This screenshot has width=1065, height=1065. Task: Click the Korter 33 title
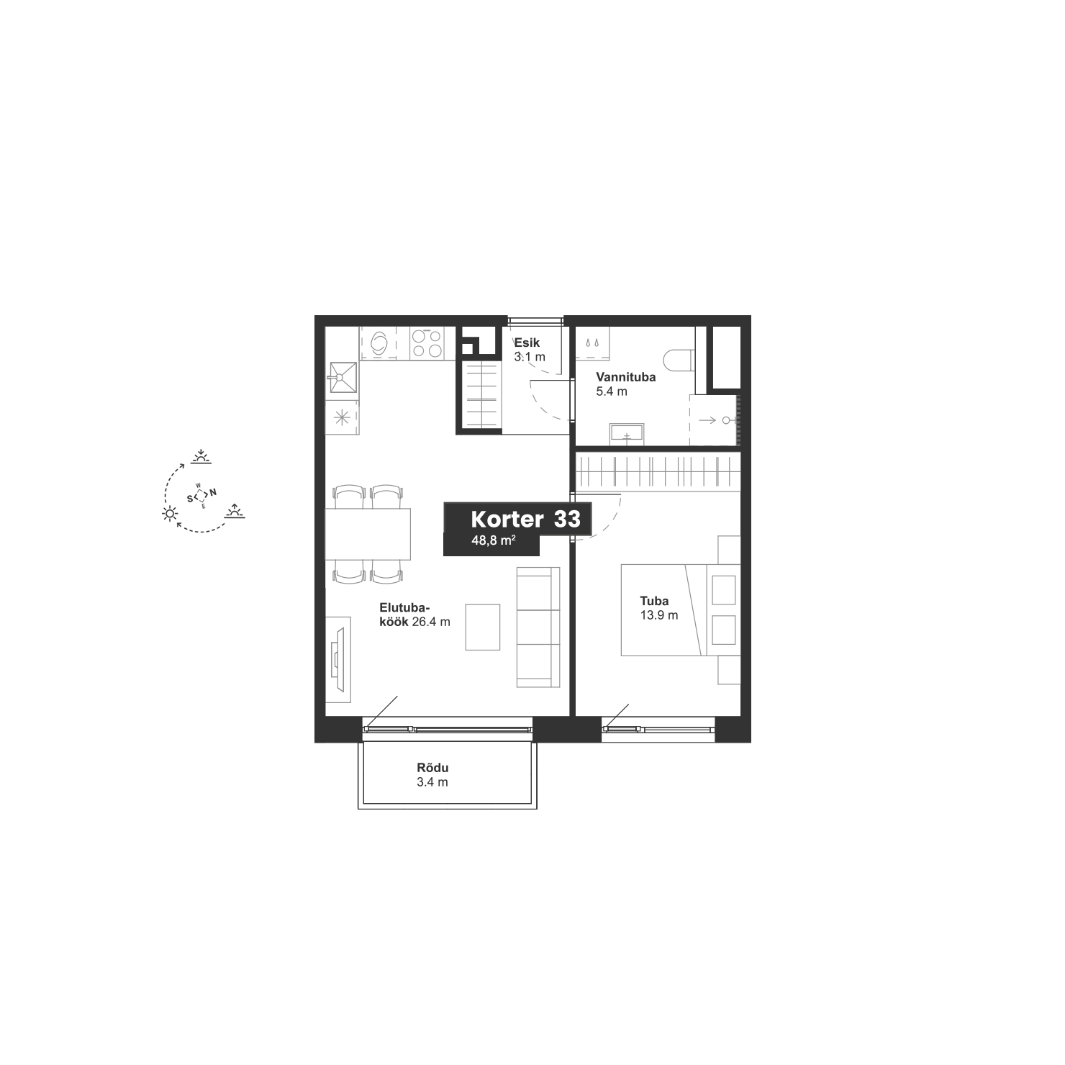(x=525, y=520)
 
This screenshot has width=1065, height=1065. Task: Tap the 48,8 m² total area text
(x=493, y=542)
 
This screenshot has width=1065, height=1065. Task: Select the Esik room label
(x=527, y=343)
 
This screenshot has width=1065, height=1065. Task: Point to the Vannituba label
(x=626, y=377)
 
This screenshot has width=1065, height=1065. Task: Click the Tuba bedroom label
(x=654, y=601)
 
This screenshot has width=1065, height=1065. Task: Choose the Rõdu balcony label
(x=432, y=768)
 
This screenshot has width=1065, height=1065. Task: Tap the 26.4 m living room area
(x=431, y=622)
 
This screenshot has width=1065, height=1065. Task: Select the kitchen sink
(x=343, y=379)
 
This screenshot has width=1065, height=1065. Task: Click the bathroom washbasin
(x=627, y=434)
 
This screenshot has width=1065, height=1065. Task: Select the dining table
(x=368, y=534)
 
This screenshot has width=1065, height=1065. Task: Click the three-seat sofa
(x=538, y=627)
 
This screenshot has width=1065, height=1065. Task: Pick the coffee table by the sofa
(x=482, y=627)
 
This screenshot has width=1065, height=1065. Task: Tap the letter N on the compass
(x=213, y=493)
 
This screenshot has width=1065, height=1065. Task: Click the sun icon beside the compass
(x=170, y=513)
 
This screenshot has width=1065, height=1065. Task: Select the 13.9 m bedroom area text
(x=659, y=615)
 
